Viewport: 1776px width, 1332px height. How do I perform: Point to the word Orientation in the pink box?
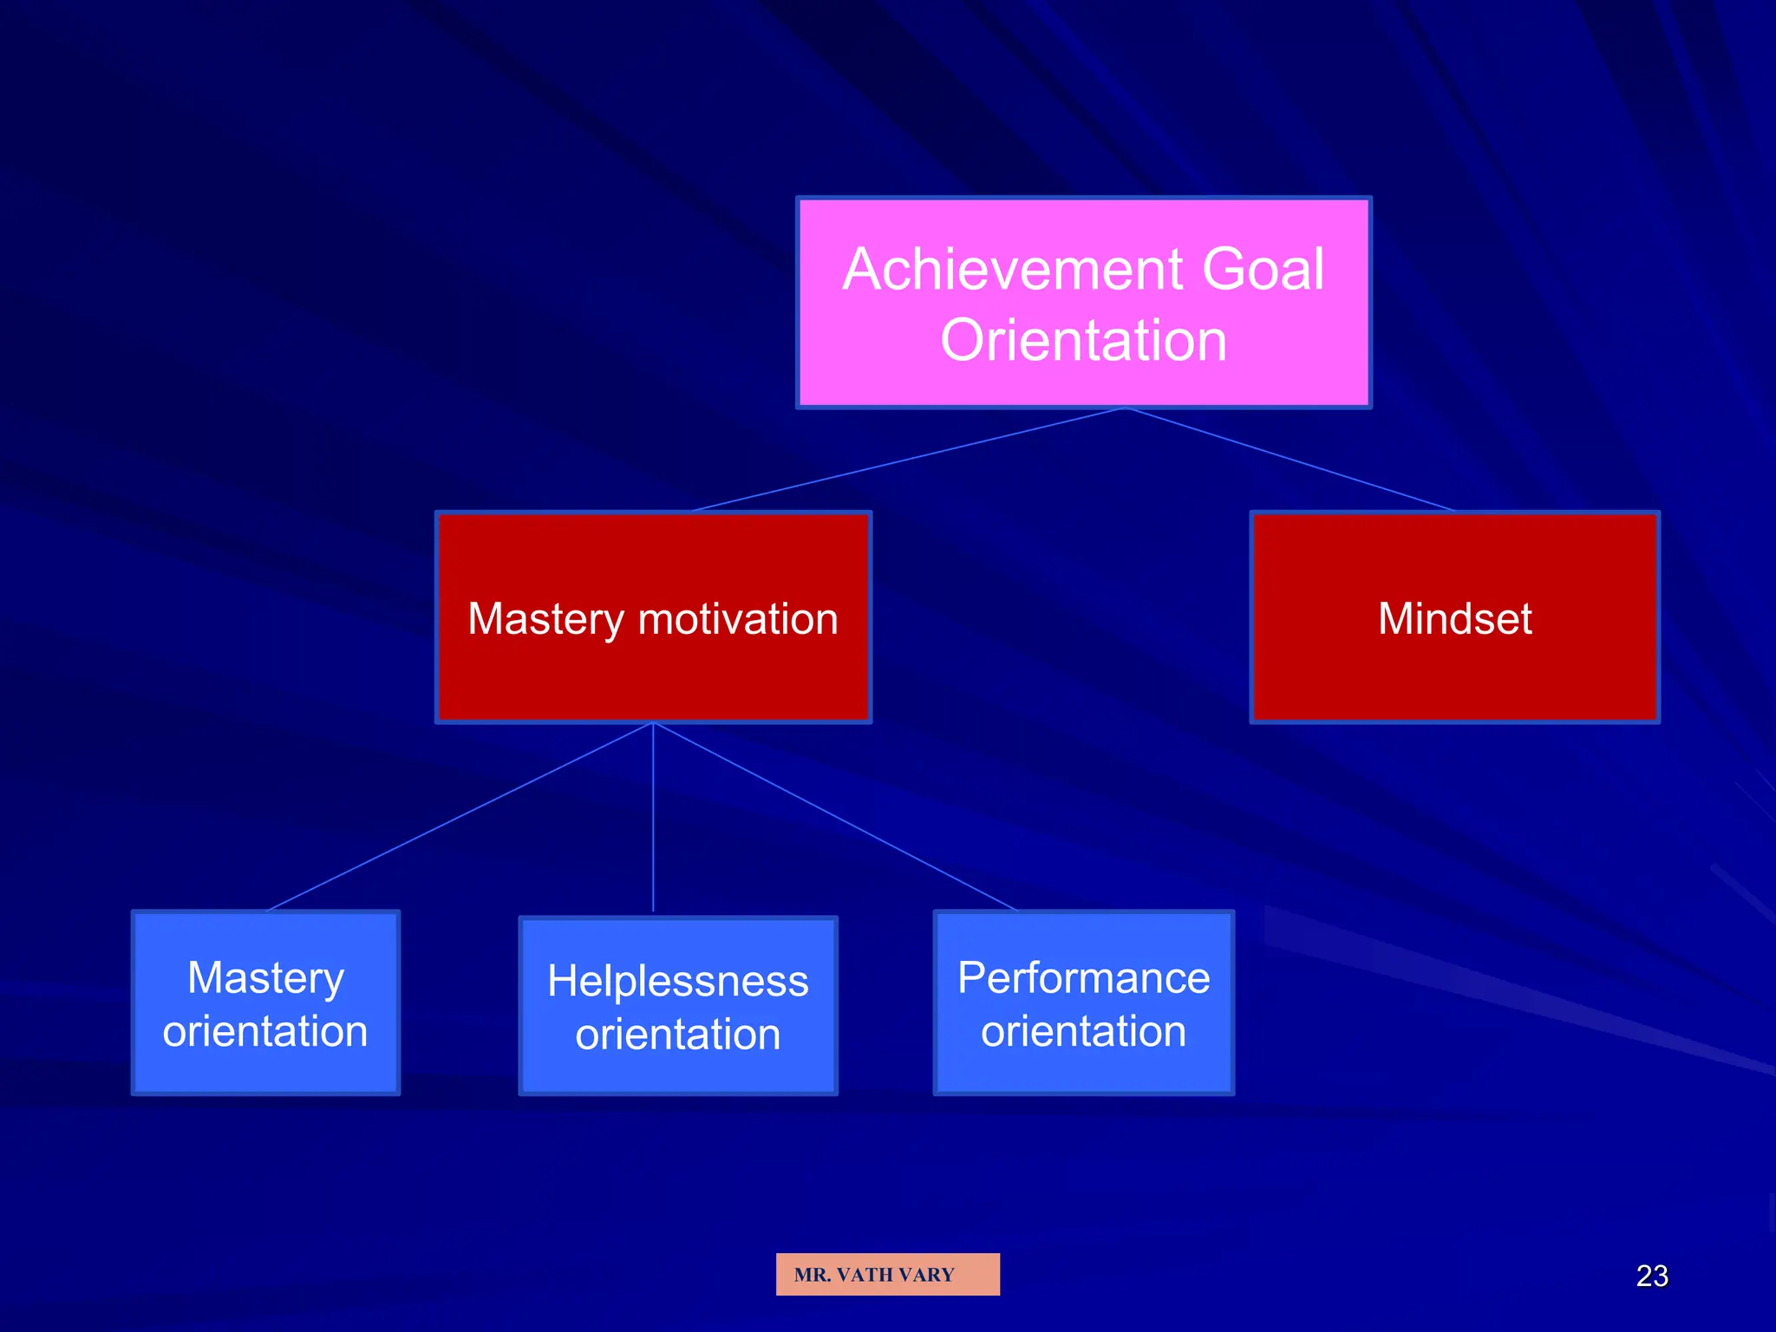(1083, 340)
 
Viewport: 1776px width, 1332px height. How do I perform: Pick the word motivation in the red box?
(738, 619)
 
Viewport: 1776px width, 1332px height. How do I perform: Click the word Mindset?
(1454, 619)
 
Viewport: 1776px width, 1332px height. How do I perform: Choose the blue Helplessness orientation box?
(677, 1076)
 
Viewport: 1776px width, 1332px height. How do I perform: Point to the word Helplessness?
(677, 982)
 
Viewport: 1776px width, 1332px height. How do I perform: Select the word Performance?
(1083, 978)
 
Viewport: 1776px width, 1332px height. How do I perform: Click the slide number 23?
(1651, 1276)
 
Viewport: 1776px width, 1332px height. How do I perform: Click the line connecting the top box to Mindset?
(1290, 460)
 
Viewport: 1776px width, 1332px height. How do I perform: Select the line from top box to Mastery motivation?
(909, 460)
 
